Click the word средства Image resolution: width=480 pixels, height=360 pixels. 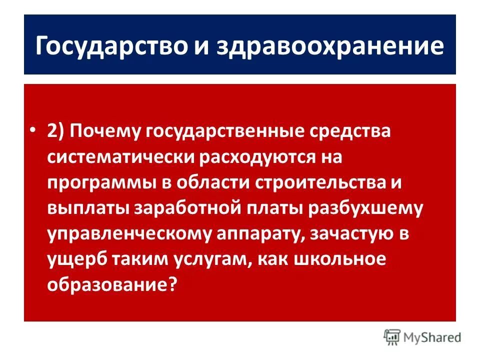pos(350,131)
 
